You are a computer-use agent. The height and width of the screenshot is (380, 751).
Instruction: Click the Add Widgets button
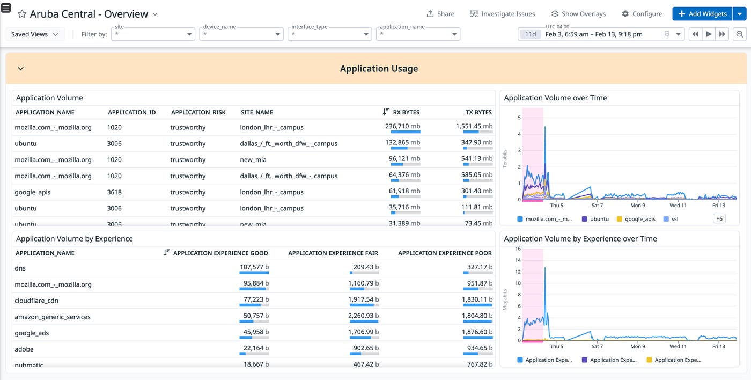[702, 14]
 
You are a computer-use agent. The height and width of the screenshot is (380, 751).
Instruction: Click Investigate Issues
[502, 14]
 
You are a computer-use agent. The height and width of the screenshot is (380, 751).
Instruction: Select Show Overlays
[578, 14]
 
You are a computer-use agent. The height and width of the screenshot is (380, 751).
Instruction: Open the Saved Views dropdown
[35, 34]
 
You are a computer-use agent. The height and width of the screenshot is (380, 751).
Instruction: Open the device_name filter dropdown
[241, 34]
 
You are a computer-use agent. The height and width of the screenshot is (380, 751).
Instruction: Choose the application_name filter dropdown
[418, 34]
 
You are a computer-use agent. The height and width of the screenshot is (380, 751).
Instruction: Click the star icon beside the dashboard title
[22, 14]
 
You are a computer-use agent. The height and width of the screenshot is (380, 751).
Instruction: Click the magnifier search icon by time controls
[740, 34]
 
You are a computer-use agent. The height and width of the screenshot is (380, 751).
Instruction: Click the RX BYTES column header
[406, 112]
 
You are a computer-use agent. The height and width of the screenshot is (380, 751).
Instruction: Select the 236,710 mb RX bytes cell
[405, 127]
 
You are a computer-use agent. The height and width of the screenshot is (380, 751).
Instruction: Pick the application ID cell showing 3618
[114, 192]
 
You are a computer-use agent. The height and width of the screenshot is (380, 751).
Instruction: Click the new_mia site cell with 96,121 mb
[253, 159]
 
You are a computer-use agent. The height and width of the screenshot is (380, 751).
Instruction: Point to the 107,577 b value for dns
[254, 267]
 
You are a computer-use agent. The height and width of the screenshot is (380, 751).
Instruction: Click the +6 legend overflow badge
[719, 218]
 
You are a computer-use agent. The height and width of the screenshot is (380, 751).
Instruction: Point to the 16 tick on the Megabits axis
[518, 249]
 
